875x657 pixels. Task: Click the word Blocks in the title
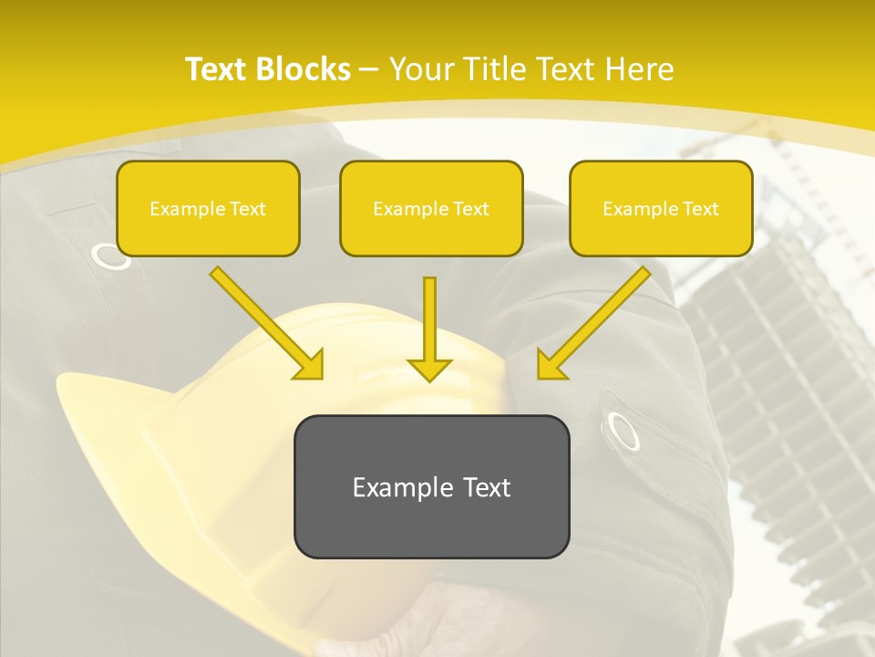(x=303, y=69)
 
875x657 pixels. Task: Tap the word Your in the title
(x=424, y=69)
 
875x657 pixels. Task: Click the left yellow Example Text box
(x=208, y=208)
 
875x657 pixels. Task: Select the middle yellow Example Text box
(x=431, y=208)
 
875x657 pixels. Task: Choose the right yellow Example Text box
(x=661, y=208)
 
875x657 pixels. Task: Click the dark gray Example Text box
(x=431, y=486)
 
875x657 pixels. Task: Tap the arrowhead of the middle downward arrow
(x=429, y=369)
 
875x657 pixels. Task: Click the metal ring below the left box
(x=112, y=256)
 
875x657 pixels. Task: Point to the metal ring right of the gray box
(x=623, y=431)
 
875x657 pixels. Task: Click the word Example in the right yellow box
(x=636, y=209)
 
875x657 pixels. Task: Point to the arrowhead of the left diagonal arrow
(x=310, y=365)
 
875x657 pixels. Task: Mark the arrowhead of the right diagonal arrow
(x=551, y=365)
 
